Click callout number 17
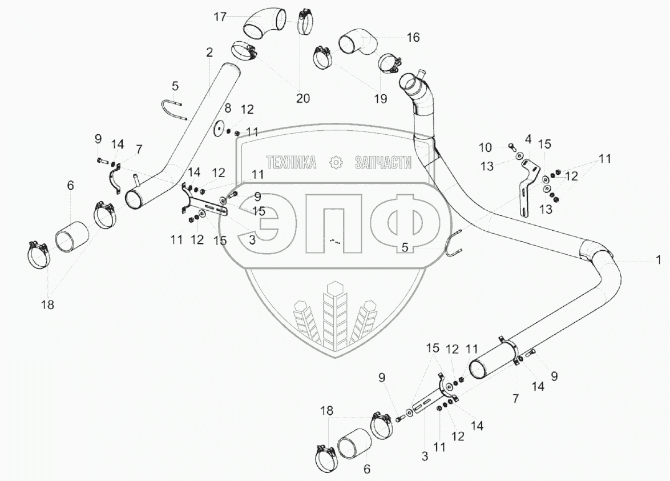coord(220,17)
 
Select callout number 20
coord(302,98)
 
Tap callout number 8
coord(228,108)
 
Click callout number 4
coord(528,138)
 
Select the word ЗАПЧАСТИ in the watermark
coord(382,163)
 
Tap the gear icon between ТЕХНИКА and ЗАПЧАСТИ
coord(336,163)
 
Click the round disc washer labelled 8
coord(219,129)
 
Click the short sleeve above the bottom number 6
coord(356,443)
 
